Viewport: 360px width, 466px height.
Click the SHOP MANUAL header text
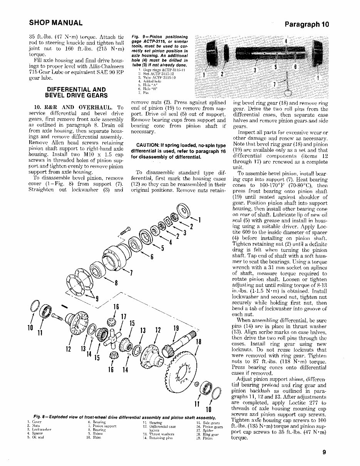(x=56, y=23)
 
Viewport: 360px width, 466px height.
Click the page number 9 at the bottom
(x=325, y=453)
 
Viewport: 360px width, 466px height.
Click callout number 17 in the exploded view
(x=124, y=317)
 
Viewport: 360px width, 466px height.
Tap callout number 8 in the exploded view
(x=116, y=283)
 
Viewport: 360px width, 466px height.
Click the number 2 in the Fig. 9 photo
(x=222, y=74)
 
